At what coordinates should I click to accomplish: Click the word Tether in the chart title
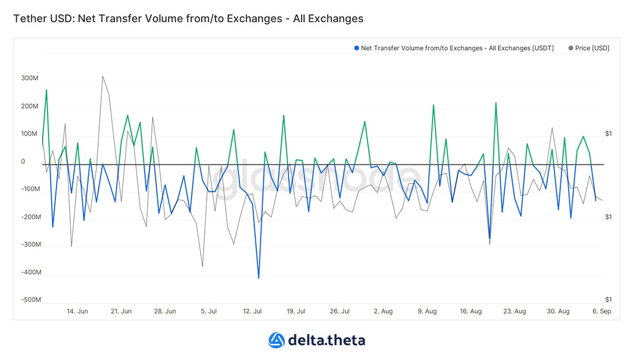(x=30, y=18)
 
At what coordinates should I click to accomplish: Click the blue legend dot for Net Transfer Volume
(x=357, y=48)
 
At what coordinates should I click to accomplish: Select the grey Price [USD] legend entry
(x=589, y=48)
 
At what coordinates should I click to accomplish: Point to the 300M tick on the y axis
(x=30, y=78)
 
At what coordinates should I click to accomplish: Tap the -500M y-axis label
(x=31, y=300)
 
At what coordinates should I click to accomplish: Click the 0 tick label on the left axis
(x=23, y=162)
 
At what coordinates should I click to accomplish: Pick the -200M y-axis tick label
(x=31, y=217)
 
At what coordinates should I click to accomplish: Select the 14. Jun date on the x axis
(x=78, y=311)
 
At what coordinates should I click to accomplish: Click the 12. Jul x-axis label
(x=252, y=311)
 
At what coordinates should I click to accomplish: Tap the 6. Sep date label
(x=602, y=311)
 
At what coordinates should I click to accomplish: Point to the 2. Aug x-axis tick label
(x=383, y=311)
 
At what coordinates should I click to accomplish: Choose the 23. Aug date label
(x=515, y=311)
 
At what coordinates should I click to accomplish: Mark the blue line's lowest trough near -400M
(x=258, y=278)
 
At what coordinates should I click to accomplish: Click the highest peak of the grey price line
(x=102, y=76)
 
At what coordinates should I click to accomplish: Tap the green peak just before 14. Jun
(x=46, y=90)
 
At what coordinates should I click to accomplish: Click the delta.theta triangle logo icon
(x=276, y=340)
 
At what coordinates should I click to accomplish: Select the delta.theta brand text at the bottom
(x=327, y=340)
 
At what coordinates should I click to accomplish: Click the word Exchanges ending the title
(x=328, y=18)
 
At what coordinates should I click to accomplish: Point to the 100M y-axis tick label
(x=29, y=134)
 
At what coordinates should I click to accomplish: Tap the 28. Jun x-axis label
(x=165, y=311)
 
